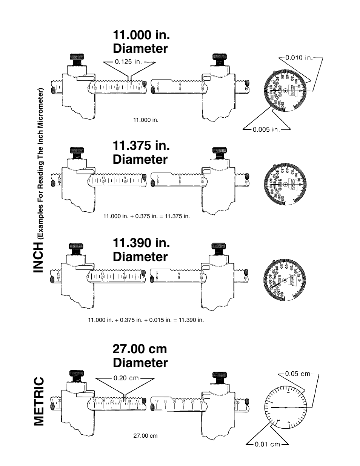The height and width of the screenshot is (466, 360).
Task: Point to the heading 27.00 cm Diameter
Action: (140, 355)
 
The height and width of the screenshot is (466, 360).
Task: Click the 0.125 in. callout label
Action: (128, 62)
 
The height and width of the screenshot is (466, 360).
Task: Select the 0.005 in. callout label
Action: (266, 129)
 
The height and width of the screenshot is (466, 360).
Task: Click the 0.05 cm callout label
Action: (298, 374)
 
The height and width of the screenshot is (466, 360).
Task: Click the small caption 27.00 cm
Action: (145, 436)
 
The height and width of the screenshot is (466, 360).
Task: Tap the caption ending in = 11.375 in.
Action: (146, 216)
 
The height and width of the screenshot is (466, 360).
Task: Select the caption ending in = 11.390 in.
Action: (146, 320)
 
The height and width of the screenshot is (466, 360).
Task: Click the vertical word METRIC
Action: (39, 401)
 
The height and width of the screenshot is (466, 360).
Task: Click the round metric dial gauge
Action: (286, 408)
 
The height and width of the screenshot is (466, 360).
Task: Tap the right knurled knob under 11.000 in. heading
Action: (219, 59)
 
